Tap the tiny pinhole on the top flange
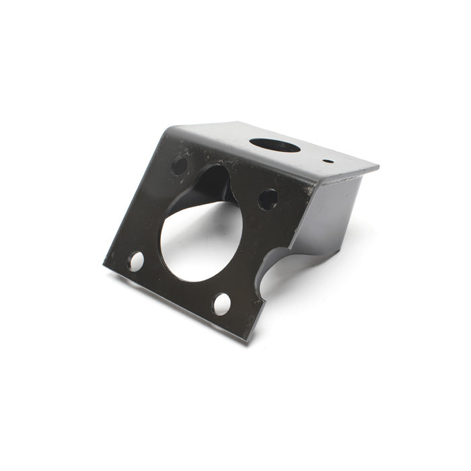(327, 161)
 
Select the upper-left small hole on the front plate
(179, 165)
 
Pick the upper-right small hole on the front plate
(267, 199)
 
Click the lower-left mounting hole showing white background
(136, 261)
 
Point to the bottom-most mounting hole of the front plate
(221, 304)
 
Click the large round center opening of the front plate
(200, 241)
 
